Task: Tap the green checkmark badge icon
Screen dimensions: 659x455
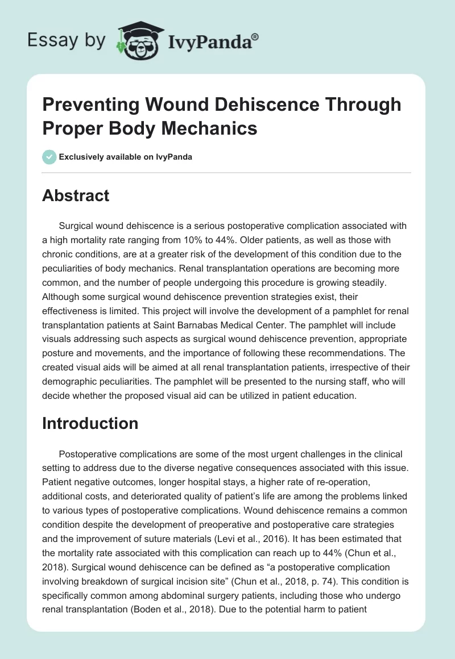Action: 49,157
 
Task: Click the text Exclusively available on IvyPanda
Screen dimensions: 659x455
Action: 125,157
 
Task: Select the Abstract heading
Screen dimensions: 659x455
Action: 76,196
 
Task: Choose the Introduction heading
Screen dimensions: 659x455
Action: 90,423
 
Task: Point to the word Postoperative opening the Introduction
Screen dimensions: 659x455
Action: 94,454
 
